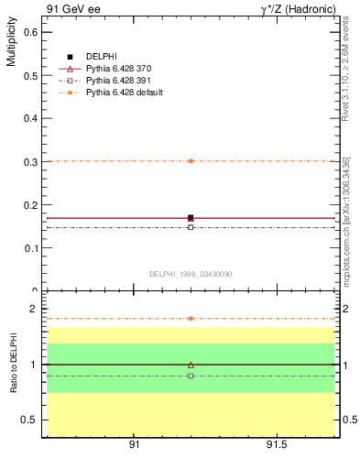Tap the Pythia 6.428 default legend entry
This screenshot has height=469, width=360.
click(124, 93)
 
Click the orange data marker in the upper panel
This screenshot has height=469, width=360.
click(191, 160)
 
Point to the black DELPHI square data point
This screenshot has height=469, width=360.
click(191, 218)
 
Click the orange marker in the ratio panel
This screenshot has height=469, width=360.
click(191, 318)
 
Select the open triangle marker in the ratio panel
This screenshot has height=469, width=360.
click(191, 365)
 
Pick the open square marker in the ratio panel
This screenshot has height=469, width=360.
click(191, 376)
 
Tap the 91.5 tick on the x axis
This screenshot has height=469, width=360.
click(276, 446)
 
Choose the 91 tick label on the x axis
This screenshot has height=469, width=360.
click(134, 446)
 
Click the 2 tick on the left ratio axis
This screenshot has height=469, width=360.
click(33, 309)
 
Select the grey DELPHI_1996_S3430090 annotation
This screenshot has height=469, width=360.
click(191, 273)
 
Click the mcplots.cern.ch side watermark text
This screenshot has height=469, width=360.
click(346, 229)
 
